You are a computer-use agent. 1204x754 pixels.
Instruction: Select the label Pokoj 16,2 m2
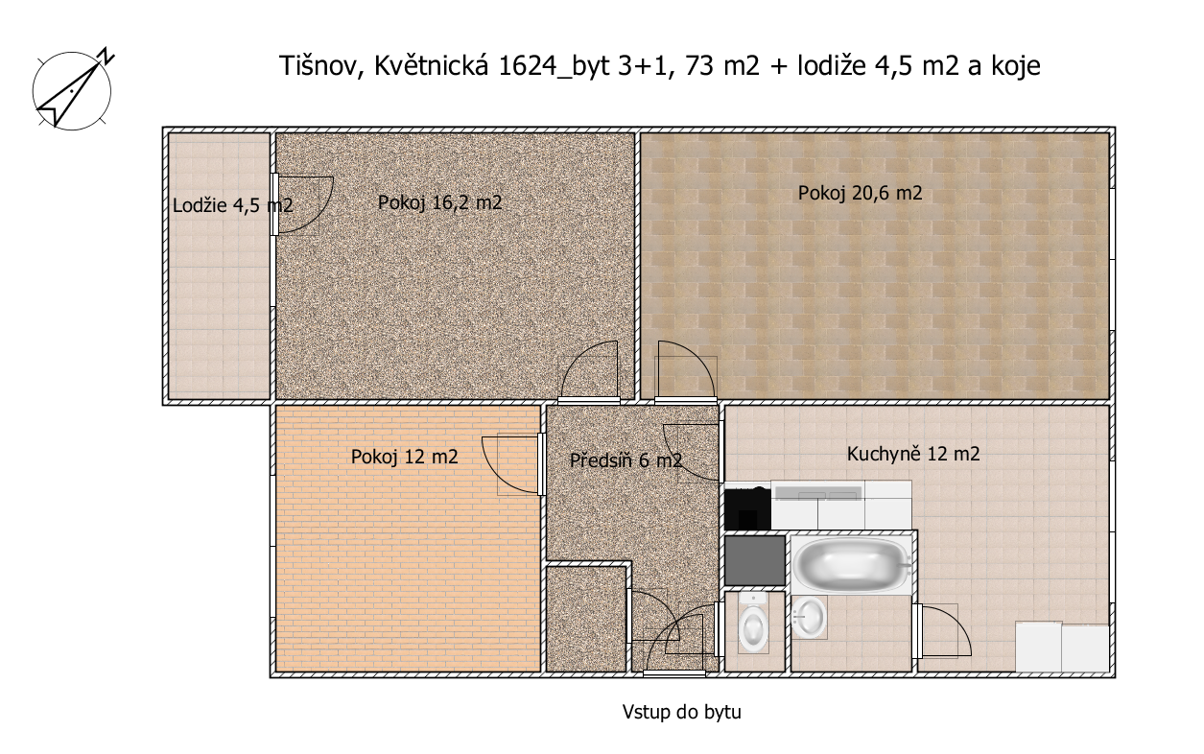pyautogui.click(x=439, y=202)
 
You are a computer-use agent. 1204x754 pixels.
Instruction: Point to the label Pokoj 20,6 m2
pyautogui.click(x=860, y=193)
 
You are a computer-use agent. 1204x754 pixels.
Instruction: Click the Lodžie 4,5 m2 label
pyautogui.click(x=233, y=205)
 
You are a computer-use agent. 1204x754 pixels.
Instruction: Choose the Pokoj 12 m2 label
pyautogui.click(x=404, y=457)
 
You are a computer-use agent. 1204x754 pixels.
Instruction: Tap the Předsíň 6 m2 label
pyautogui.click(x=626, y=460)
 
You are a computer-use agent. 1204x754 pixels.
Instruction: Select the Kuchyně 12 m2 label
pyautogui.click(x=913, y=454)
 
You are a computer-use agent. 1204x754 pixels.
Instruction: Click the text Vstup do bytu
pyautogui.click(x=681, y=712)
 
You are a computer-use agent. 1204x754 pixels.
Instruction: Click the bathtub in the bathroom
pyautogui.click(x=851, y=564)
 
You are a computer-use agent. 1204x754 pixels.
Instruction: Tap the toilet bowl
pyautogui.click(x=753, y=623)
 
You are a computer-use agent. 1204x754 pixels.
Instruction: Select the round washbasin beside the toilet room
pyautogui.click(x=809, y=618)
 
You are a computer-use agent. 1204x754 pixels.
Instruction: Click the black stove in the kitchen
pyautogui.click(x=747, y=507)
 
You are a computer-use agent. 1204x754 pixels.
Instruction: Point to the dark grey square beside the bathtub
pyautogui.click(x=755, y=560)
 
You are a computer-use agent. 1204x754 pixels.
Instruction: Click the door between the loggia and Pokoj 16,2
pyautogui.click(x=301, y=204)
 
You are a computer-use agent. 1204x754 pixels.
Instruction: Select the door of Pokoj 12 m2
pyautogui.click(x=513, y=463)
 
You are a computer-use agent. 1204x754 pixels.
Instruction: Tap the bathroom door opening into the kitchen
pyautogui.click(x=942, y=630)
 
